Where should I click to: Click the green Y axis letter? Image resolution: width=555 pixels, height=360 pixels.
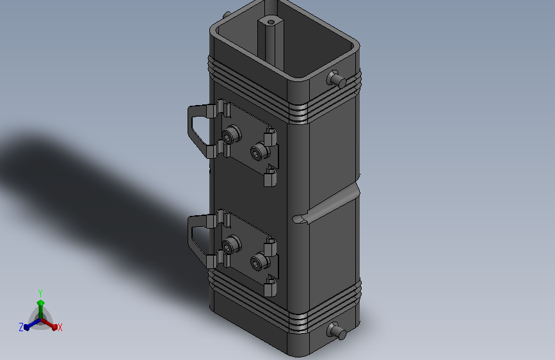pos(40,293)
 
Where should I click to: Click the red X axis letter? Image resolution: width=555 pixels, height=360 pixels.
pos(60,327)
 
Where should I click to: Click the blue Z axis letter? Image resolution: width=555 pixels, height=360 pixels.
pos(21,327)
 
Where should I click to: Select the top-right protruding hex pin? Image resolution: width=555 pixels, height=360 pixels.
pos(336,79)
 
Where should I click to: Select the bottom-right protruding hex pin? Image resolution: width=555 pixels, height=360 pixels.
pos(336,331)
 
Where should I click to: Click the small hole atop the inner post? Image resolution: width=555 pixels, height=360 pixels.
pos(271,22)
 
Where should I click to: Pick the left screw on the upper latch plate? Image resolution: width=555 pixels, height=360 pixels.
pos(232,135)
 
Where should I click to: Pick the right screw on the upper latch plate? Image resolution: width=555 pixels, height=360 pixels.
pos(260,152)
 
